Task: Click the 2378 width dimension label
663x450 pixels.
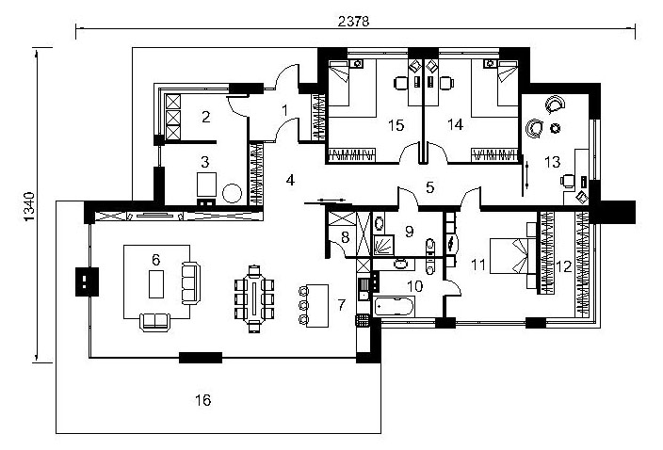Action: click(x=353, y=21)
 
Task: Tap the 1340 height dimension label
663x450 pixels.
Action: click(x=29, y=206)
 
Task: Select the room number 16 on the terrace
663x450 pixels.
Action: click(x=203, y=400)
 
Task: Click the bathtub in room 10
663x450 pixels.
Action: click(x=395, y=306)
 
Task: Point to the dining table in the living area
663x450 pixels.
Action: click(x=254, y=298)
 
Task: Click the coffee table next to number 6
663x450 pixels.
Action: click(x=156, y=284)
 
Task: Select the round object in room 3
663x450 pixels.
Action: click(x=232, y=193)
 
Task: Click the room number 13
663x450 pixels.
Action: click(x=552, y=162)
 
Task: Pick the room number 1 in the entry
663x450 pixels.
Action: click(x=285, y=111)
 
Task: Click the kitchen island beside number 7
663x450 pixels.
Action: click(x=317, y=306)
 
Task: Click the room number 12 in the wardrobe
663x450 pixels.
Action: click(x=563, y=266)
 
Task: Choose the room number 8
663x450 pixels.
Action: click(x=345, y=237)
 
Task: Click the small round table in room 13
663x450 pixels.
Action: click(x=556, y=128)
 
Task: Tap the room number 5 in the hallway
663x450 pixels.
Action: click(x=429, y=187)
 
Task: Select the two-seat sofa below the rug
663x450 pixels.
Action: click(x=154, y=322)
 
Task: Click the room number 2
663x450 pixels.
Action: click(x=205, y=117)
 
